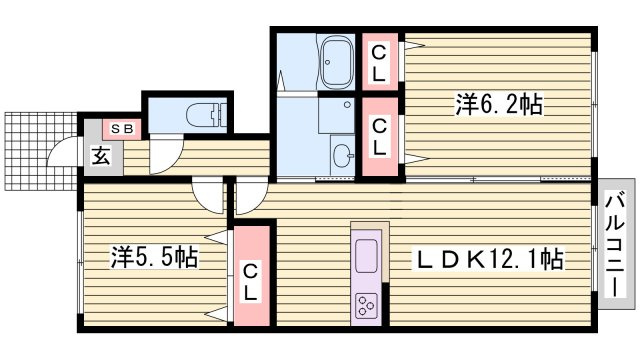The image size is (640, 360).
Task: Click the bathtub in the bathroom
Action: (337, 62)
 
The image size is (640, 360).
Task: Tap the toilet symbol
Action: (206, 115)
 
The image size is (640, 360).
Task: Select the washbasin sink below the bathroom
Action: (342, 155)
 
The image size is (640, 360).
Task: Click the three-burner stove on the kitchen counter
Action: (365, 305)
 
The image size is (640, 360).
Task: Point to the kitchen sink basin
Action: (366, 256)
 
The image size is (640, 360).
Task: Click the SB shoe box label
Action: (122, 129)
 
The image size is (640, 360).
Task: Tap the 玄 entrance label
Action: (101, 156)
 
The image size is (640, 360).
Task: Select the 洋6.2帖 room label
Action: (499, 104)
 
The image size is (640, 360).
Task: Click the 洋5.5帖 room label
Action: (154, 257)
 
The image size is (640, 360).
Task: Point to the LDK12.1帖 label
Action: (489, 258)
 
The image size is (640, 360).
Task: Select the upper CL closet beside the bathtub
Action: (380, 62)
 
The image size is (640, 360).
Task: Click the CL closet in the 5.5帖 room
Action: (251, 276)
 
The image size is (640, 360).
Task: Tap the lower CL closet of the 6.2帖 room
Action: (380, 137)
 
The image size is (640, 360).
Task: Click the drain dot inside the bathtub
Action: (327, 62)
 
